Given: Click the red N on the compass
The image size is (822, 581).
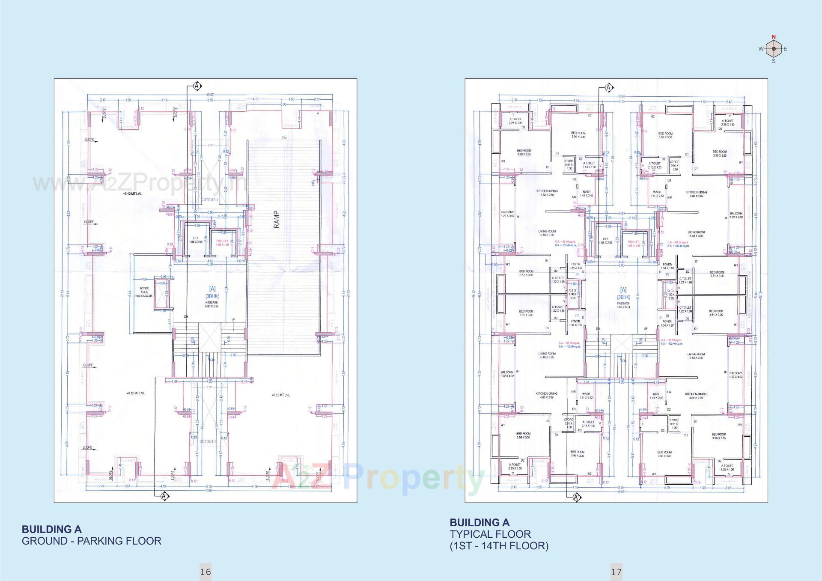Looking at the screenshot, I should (774, 37).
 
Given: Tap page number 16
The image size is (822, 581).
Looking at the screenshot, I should (205, 572).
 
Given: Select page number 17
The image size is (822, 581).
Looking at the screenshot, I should (616, 572).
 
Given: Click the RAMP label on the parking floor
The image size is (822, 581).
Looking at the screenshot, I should (277, 219).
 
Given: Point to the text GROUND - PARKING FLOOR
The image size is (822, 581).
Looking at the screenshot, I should (92, 541).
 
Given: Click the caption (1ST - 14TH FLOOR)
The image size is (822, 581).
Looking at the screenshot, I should (499, 546).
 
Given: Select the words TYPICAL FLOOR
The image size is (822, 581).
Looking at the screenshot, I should (490, 534).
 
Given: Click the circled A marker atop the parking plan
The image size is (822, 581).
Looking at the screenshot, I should (197, 86).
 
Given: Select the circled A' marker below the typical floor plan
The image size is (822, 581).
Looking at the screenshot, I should (577, 497).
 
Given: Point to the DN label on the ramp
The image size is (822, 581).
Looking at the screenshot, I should (284, 138).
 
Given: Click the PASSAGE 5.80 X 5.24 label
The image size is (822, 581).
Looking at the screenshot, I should (211, 304).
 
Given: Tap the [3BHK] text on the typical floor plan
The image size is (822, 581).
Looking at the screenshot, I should (623, 297).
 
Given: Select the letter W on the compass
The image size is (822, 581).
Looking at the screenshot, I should (761, 49).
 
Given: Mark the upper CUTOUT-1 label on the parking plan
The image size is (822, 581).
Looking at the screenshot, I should (210, 200).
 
